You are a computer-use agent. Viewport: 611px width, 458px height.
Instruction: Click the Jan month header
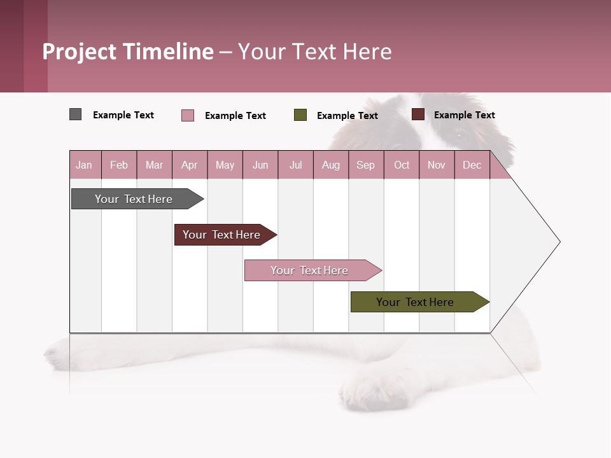coord(84,165)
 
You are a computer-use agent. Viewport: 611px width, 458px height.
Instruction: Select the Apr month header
coord(189,165)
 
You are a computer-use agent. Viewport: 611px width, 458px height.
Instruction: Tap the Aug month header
coord(330,165)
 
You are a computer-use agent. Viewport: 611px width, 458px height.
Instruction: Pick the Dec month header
coord(472,165)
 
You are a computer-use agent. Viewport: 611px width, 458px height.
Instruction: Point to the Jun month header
coord(260,165)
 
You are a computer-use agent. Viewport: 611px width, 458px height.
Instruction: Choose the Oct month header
coord(401,165)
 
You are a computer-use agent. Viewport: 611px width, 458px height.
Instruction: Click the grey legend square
coord(75,114)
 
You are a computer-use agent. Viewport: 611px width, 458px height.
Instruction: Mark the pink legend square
coord(187,115)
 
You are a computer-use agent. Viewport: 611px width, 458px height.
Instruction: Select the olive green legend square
coord(300,115)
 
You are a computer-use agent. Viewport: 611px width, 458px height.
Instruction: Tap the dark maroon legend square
coord(418,114)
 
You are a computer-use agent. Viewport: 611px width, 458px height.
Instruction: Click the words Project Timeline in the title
coord(127,52)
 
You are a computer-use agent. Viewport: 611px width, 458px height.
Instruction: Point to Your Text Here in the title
coord(315,52)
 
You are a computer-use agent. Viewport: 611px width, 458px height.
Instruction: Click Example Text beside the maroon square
coord(464,114)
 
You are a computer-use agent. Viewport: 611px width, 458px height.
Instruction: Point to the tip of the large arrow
coord(559,242)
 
